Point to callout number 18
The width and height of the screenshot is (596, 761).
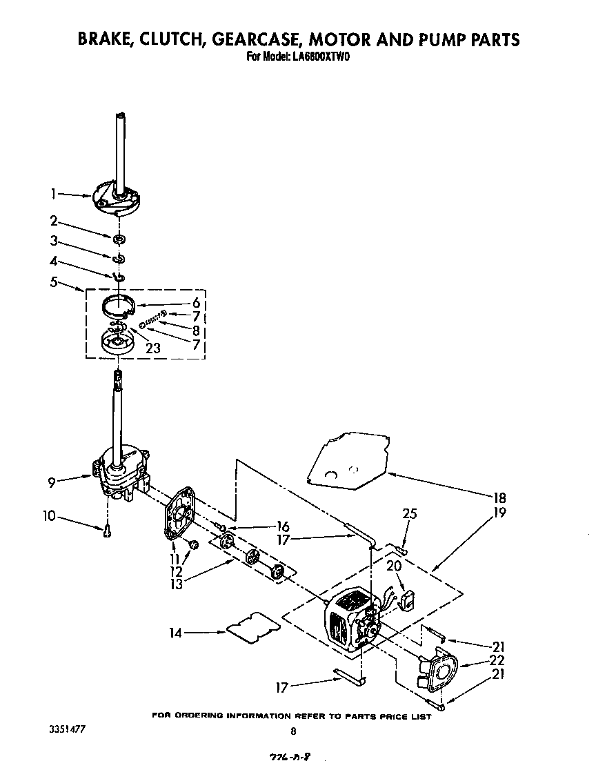point(499,498)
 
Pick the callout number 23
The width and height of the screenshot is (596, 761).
point(153,348)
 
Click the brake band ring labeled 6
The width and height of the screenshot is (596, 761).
point(119,304)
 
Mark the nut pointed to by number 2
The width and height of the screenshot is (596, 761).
point(119,239)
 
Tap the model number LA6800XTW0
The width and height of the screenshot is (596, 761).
point(318,57)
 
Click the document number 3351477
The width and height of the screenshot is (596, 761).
point(68,729)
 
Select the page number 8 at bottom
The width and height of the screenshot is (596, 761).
point(294,731)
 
